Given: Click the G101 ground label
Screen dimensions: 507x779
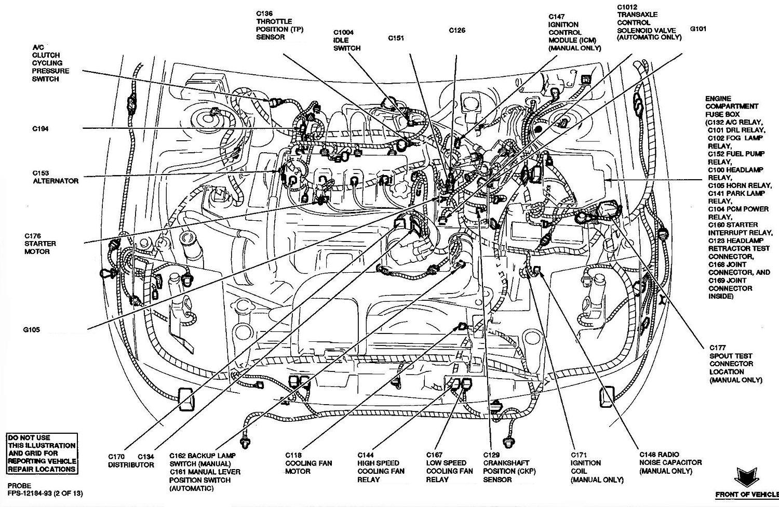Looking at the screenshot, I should pos(698,29).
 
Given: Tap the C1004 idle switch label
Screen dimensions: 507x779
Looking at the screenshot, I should pos(346,40).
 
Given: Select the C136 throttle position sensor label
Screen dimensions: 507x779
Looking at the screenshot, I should pos(279,25).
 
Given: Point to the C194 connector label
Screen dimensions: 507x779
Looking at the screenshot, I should pos(40,129).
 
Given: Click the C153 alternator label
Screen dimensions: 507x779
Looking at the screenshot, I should pos(56,177).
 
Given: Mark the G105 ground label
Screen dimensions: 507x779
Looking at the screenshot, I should pos(31,329).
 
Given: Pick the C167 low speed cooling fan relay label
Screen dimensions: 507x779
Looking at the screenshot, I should pos(449,467).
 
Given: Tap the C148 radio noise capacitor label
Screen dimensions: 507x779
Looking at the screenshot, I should pos(670,462).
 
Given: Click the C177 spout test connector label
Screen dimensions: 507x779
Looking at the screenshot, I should pos(735,364).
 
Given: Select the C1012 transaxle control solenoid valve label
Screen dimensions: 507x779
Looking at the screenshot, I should pos(649,22).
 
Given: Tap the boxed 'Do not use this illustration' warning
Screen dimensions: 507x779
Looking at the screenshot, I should pos(42,453).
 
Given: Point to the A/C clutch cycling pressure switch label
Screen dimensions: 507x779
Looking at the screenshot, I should pos(50,63).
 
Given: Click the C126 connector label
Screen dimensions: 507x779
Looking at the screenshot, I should pos(457,30).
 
